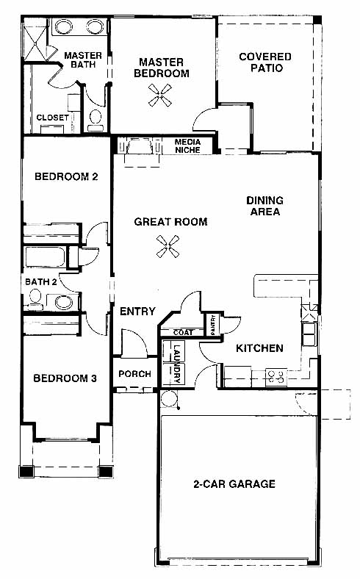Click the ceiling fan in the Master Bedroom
coord(160,96)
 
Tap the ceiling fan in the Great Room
coord(168,246)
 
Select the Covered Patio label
coord(265,62)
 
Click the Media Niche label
coord(187,146)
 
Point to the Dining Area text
coord(265,206)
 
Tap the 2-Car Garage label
coord(234,483)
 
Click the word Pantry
coord(213,325)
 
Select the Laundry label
coord(177,364)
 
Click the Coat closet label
coord(183,332)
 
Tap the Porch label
coord(134,374)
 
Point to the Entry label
coord(137,312)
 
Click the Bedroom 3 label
coord(65,378)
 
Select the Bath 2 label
coord(41,281)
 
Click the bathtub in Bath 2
coord(45,257)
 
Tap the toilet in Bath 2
coord(35,298)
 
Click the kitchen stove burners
coord(276,376)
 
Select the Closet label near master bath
coord(52,118)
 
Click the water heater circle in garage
coord(170,398)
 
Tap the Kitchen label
coord(259,348)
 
